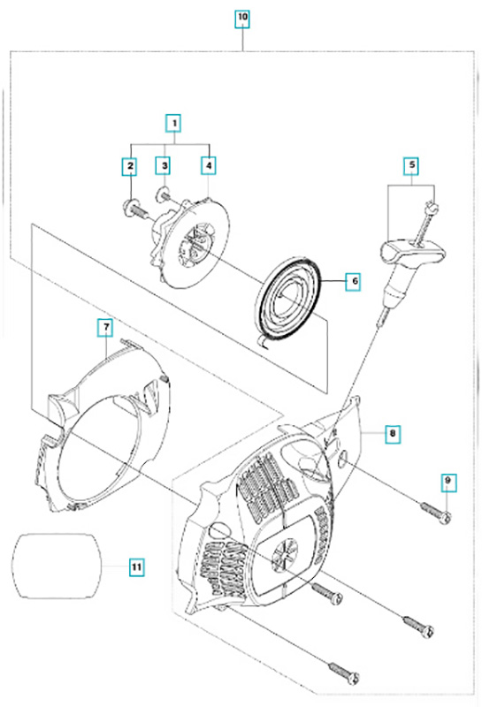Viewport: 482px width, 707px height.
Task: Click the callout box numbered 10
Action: point(242,19)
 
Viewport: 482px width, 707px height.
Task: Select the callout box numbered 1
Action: point(173,123)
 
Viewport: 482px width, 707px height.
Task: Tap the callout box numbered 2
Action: point(130,166)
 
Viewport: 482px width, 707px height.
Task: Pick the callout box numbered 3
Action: point(164,166)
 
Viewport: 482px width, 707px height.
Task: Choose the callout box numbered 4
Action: point(209,166)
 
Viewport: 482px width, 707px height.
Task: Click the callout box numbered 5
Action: point(411,165)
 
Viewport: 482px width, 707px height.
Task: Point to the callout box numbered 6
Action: point(354,282)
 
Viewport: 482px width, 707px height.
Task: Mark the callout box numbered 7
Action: point(105,328)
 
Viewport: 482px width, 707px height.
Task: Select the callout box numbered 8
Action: point(393,435)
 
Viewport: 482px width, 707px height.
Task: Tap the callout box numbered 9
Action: point(448,482)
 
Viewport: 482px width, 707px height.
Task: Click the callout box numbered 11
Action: point(136,566)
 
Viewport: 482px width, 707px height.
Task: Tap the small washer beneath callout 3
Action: point(162,195)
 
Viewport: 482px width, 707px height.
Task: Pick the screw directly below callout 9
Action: point(436,513)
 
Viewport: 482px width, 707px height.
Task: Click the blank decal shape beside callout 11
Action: point(57,566)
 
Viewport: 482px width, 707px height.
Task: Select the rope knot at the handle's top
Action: point(432,207)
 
